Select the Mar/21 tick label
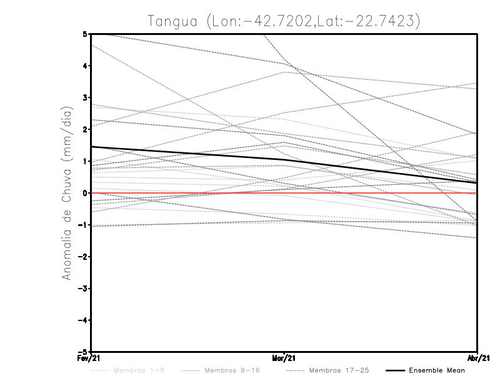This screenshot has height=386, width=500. [284, 359]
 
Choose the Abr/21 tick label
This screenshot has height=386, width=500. [478, 359]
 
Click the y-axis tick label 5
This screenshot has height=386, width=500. [84, 34]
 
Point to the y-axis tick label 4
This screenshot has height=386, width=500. [84, 66]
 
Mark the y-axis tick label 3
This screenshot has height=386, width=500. [84, 97]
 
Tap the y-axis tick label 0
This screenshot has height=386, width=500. [84, 193]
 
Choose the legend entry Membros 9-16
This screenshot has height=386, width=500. [232, 370]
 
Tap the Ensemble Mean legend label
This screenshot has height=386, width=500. [437, 370]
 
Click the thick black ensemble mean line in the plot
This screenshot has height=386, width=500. [187, 153]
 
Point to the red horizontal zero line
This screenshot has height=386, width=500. [375, 193]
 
